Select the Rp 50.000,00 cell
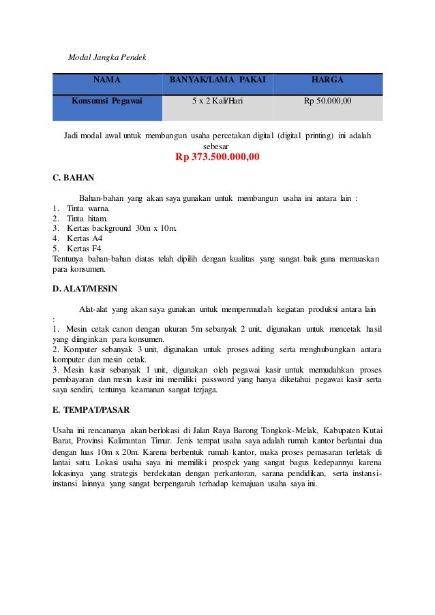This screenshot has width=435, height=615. [327, 101]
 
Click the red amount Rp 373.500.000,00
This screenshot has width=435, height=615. [217, 158]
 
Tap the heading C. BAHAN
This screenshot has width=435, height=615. [73, 178]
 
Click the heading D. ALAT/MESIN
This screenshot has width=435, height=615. [85, 289]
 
